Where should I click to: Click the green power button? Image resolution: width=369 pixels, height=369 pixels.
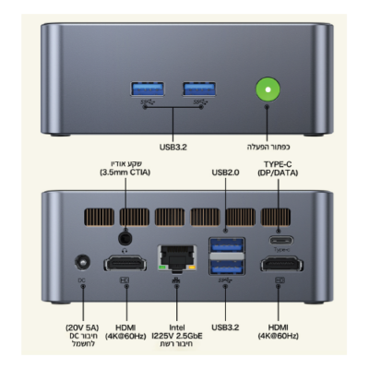[x=268, y=89]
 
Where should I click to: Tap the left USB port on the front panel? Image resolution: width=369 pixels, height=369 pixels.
[x=147, y=89]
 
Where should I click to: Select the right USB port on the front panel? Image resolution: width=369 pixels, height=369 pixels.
[x=199, y=89]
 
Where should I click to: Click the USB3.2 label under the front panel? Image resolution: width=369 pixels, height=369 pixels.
[x=173, y=148]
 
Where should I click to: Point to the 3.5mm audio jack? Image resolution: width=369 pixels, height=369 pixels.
[x=125, y=239]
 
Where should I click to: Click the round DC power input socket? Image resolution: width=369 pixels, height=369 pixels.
[x=82, y=263]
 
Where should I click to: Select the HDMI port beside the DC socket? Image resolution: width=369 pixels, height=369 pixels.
[x=125, y=264]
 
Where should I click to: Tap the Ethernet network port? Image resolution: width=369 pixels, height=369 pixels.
[x=177, y=257]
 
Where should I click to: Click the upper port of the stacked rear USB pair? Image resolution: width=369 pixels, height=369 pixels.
[x=227, y=245]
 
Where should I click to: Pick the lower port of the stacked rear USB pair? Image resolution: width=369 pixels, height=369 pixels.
[x=227, y=267]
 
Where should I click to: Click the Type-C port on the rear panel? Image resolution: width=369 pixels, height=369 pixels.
[x=281, y=241]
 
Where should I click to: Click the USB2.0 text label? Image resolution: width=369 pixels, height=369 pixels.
[x=225, y=173]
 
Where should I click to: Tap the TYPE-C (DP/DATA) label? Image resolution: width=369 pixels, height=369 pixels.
[x=278, y=169]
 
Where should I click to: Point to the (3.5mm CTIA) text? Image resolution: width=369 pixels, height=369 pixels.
[x=125, y=173]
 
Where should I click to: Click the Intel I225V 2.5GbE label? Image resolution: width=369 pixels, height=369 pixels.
[x=177, y=332]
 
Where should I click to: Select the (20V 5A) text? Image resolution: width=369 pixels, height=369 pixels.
[x=81, y=327]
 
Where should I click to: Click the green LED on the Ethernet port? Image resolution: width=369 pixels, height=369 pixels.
[x=161, y=268]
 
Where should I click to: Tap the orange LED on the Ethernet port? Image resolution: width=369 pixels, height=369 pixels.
[x=192, y=268]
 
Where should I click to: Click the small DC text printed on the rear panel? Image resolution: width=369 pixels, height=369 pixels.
[x=81, y=280]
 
